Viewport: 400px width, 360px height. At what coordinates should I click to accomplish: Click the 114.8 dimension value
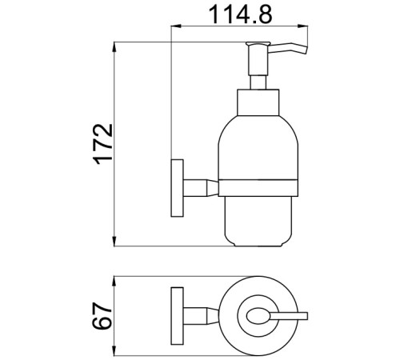click(x=241, y=14)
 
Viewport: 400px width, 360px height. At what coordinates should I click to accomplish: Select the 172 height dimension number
click(x=102, y=144)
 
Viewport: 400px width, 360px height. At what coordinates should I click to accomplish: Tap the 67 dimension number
click(x=102, y=316)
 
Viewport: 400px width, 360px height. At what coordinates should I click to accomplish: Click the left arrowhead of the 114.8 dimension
click(x=176, y=26)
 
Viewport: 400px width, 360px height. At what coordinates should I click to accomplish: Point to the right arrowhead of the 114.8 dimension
click(x=302, y=26)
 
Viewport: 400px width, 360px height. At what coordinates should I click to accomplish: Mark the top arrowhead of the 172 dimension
click(x=114, y=47)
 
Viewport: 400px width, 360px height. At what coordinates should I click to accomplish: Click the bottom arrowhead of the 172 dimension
click(x=114, y=241)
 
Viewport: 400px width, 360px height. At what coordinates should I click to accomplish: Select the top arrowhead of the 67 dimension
click(x=114, y=282)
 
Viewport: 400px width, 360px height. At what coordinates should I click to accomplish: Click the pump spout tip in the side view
click(x=306, y=50)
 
